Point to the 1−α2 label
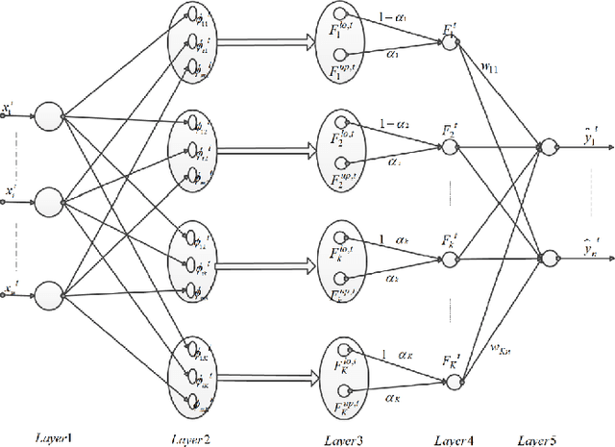pyautogui.click(x=397, y=124)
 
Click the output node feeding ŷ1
pyautogui.click(x=547, y=147)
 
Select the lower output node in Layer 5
pyautogui.click(x=547, y=256)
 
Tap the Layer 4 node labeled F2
pyautogui.click(x=450, y=147)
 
